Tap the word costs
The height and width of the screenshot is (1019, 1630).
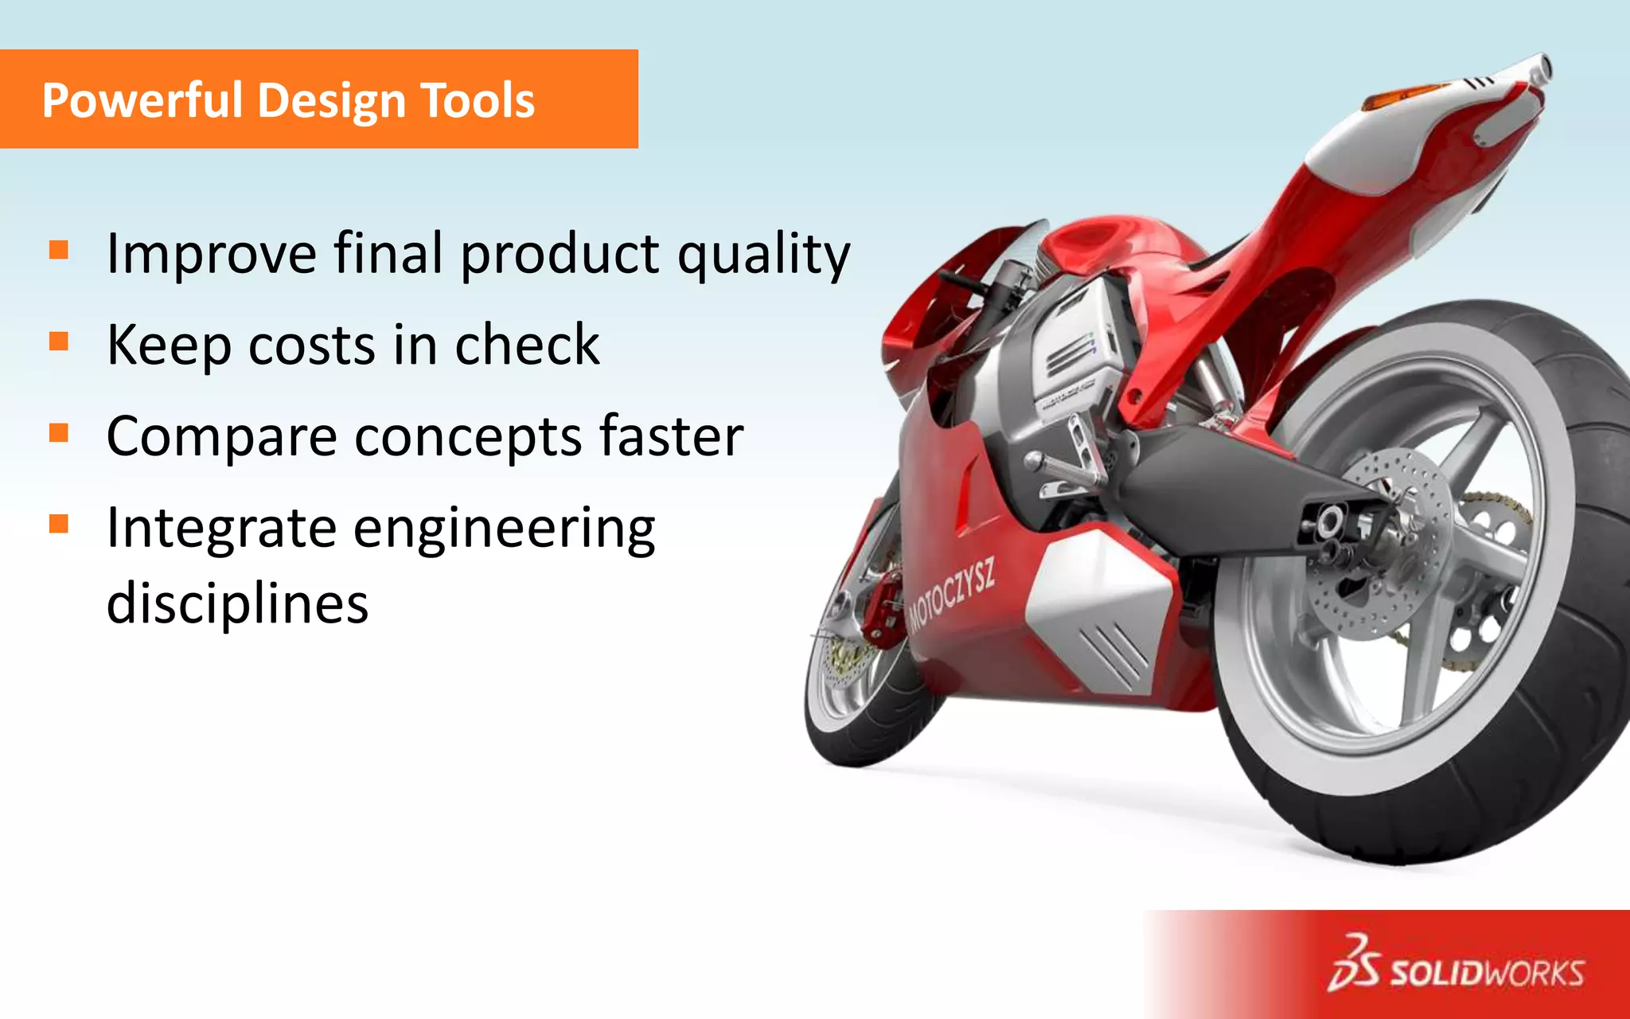311,346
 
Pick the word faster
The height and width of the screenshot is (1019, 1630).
671,436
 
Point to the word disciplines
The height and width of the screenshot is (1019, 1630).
237,603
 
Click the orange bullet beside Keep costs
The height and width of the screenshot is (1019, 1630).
59,342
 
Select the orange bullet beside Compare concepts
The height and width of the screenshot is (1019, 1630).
59,433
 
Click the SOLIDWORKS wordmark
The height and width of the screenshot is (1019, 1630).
1486,973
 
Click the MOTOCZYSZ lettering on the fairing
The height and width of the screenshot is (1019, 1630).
952,595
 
